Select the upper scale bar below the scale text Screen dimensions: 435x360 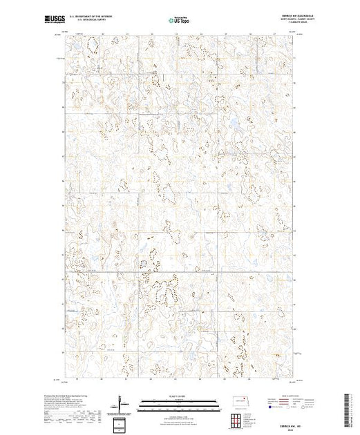[x=179, y=400]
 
